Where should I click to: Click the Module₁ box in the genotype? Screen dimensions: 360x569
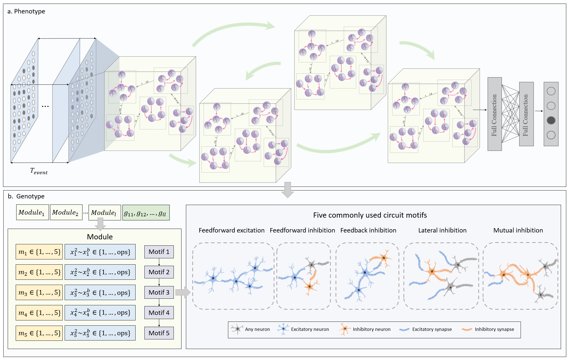[x=32, y=212]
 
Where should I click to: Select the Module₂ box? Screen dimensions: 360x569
[x=66, y=212]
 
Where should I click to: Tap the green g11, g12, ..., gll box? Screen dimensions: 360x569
[x=146, y=213]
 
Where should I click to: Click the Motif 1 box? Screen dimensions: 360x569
[x=159, y=252]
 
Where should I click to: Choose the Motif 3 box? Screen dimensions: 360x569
[x=159, y=292]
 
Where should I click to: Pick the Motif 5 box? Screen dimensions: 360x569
[x=159, y=333]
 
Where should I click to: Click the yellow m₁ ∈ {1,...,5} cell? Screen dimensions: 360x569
[x=39, y=252]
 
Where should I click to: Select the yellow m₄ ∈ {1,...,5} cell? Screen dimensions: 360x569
[x=39, y=313]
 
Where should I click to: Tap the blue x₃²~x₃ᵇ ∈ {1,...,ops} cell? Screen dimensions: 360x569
[x=100, y=292]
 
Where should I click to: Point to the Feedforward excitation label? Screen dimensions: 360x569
[x=232, y=230]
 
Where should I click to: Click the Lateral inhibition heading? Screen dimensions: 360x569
[x=442, y=230]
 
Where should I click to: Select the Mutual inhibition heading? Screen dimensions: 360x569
[x=518, y=230]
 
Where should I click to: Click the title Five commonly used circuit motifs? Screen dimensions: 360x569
[x=370, y=215]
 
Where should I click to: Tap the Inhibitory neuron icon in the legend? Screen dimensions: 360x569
[x=344, y=329]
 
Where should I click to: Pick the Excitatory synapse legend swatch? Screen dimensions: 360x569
[x=405, y=329]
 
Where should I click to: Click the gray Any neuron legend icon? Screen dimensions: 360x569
[x=237, y=329]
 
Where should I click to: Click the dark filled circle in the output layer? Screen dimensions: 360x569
[x=551, y=120]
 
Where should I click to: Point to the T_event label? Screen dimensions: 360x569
[x=39, y=171]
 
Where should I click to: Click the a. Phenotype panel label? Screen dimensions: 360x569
[x=26, y=12]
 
